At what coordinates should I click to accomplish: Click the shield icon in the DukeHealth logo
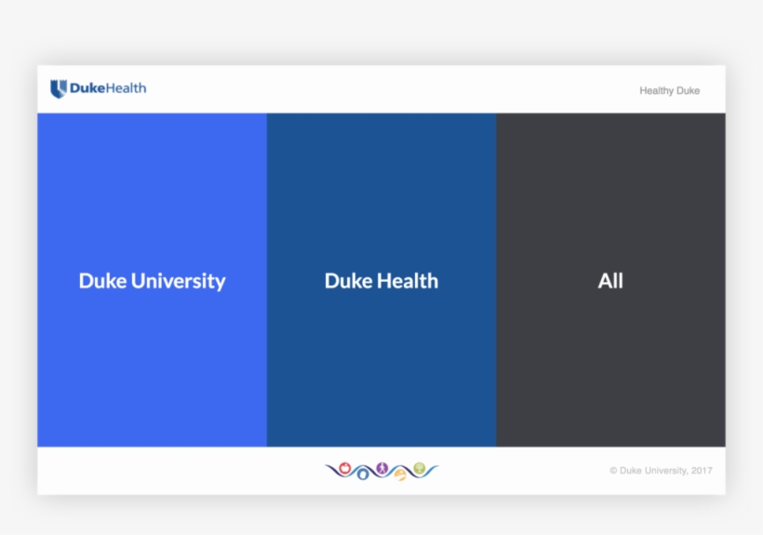59,89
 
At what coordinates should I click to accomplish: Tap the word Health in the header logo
124,89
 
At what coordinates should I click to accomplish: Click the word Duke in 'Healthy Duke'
689,91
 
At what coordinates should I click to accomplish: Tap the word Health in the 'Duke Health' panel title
406,281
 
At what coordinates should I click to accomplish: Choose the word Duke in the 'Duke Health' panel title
347,281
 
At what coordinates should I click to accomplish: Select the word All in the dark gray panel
610,281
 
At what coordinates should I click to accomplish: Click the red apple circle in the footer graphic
344,466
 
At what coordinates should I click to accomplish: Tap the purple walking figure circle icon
381,467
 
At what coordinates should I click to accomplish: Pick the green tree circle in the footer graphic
420,466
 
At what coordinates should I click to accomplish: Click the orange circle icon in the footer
400,475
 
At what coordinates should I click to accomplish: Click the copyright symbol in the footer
613,471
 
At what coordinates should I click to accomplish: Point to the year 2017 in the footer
702,471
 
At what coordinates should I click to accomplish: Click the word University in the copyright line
664,471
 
